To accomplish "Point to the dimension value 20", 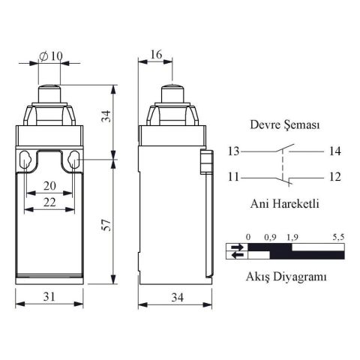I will [49, 186].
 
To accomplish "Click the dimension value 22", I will [49, 202].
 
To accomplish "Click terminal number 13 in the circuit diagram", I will [234, 151].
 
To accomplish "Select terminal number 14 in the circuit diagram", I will [334, 151].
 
